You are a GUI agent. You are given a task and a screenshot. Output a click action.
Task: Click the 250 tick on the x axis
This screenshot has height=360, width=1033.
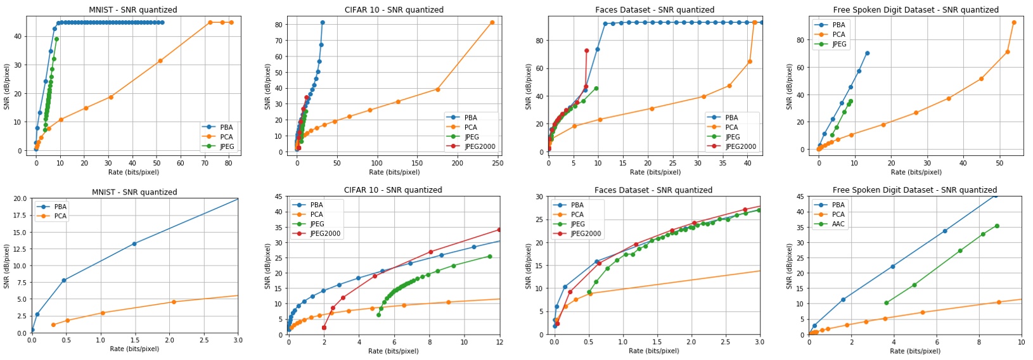tap(497, 163)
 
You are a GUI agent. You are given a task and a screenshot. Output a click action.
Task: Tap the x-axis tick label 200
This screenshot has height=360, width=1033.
tap(458, 163)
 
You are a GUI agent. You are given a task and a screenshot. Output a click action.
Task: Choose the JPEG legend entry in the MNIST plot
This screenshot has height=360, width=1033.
tap(226, 146)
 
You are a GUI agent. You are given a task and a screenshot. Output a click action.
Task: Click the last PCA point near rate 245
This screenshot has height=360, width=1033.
tap(492, 23)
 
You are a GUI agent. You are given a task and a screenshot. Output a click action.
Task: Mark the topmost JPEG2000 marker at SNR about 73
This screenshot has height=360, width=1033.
tap(586, 51)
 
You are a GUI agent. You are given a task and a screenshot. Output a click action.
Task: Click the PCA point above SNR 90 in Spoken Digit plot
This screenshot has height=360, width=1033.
tap(1014, 23)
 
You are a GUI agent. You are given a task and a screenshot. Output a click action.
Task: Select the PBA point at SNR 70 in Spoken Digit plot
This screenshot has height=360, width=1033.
tap(868, 53)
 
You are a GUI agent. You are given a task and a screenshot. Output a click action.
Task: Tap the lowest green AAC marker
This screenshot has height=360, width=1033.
tap(886, 303)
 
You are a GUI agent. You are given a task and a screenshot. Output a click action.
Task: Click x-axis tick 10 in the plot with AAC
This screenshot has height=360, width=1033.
tap(1021, 343)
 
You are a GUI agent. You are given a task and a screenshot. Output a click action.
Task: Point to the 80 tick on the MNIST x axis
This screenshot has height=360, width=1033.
tap(228, 163)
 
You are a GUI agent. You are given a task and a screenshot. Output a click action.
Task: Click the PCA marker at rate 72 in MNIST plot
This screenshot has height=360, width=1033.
tap(210, 23)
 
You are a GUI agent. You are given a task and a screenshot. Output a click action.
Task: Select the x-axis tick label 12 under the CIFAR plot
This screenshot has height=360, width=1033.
tap(499, 343)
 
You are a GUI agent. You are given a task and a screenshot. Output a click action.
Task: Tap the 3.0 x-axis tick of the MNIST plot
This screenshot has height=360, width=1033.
tap(238, 340)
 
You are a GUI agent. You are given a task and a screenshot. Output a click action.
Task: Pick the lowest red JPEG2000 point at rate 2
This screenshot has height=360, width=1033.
tap(324, 328)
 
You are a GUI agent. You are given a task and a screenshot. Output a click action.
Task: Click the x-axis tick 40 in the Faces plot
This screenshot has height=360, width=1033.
tap(748, 163)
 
